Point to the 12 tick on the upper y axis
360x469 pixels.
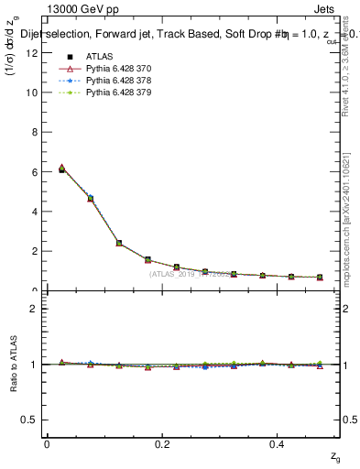34,53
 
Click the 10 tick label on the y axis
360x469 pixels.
34,93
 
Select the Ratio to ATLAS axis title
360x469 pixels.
15,365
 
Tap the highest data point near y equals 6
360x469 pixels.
61,169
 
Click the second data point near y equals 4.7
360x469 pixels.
90,198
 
